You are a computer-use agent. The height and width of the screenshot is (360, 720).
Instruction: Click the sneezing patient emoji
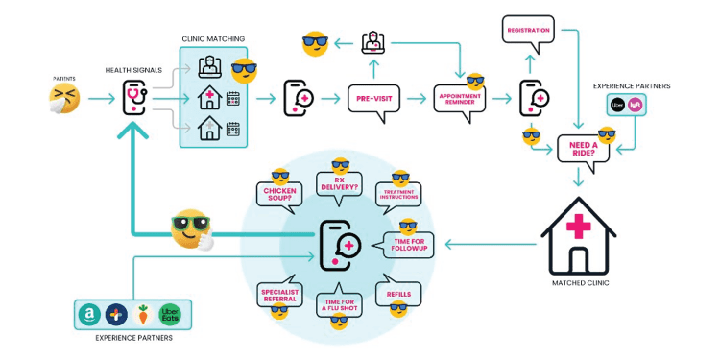point(64,97)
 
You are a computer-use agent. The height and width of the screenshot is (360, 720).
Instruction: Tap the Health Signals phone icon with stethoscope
point(133,97)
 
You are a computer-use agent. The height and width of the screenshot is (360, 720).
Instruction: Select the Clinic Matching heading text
point(212,39)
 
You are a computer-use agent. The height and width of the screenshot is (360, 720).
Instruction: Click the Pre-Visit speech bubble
point(374,98)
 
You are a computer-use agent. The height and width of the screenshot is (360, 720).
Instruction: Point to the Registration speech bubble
point(528,31)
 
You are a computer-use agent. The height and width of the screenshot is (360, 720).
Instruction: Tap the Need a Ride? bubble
point(583,148)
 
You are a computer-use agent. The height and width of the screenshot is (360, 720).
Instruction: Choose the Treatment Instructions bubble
point(398,194)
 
